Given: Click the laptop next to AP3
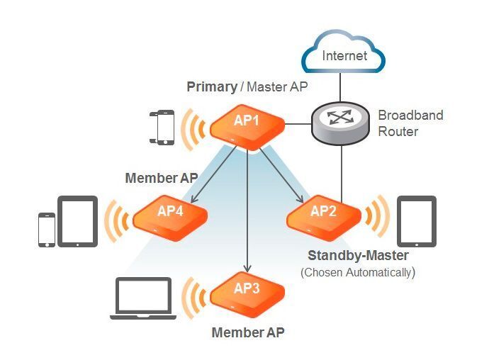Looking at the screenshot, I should click(144, 298).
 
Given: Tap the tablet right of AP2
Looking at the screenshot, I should click(416, 220).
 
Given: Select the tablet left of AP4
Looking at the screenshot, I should click(77, 221).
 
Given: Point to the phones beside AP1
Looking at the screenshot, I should click(162, 127).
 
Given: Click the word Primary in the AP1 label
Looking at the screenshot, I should click(211, 87).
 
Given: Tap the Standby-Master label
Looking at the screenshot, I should click(358, 255).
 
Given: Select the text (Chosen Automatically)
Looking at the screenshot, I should click(358, 271).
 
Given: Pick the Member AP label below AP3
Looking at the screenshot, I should click(247, 331).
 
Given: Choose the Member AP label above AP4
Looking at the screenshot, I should click(161, 178).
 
